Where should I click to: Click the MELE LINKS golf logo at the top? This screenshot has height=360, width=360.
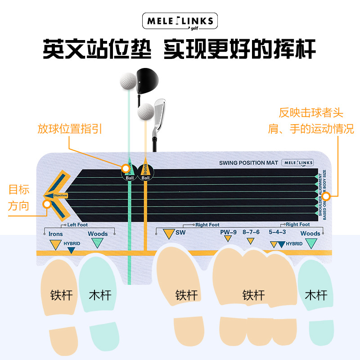(x=180, y=22)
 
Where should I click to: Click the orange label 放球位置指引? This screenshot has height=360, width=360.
(x=70, y=129)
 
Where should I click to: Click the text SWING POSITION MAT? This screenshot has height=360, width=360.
(x=248, y=162)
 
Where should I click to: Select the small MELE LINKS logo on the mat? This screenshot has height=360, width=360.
(x=297, y=162)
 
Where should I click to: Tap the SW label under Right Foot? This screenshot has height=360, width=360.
(x=180, y=232)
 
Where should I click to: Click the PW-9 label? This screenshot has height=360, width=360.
(x=228, y=232)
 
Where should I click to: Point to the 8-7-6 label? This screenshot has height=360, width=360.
(x=251, y=232)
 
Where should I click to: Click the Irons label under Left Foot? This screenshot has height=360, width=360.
(x=56, y=234)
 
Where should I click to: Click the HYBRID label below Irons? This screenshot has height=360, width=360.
(x=72, y=243)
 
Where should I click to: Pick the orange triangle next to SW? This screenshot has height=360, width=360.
(x=168, y=234)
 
